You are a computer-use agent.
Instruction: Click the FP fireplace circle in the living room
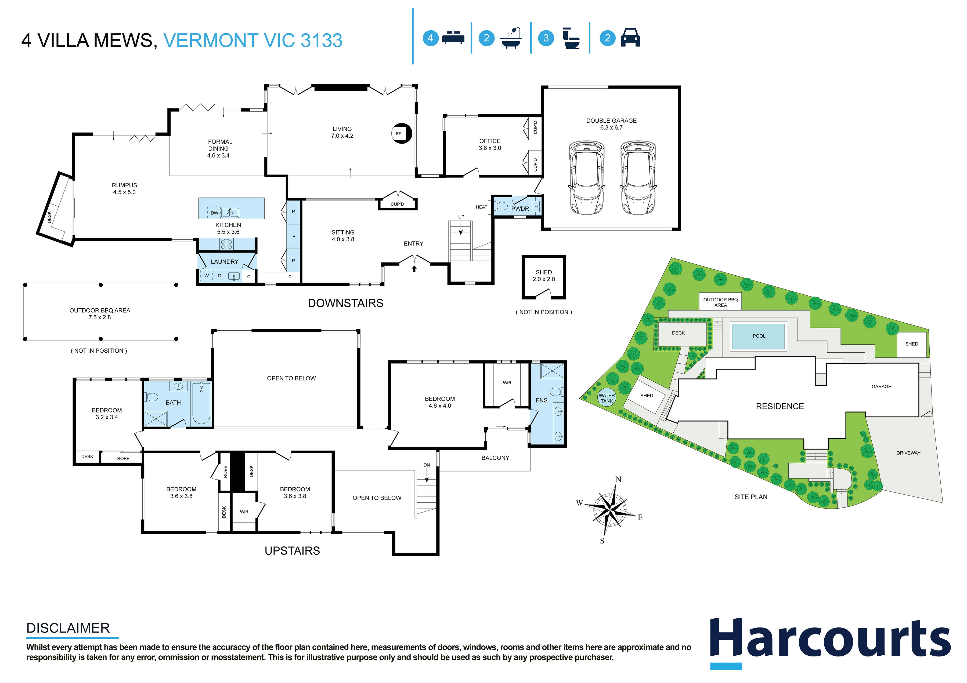(401, 133)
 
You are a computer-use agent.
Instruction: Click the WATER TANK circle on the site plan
(607, 398)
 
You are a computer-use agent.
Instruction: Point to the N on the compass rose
(618, 479)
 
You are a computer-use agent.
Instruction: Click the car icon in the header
(630, 38)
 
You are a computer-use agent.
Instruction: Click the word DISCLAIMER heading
(68, 628)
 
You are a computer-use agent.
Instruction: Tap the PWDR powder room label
(520, 209)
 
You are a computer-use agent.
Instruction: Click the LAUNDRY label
(225, 262)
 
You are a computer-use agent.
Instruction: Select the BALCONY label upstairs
(495, 458)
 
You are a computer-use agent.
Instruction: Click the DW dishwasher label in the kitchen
(214, 213)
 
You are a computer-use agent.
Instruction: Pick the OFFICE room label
(490, 141)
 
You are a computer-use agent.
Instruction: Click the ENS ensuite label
(541, 400)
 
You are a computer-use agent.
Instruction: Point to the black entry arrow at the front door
(414, 268)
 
